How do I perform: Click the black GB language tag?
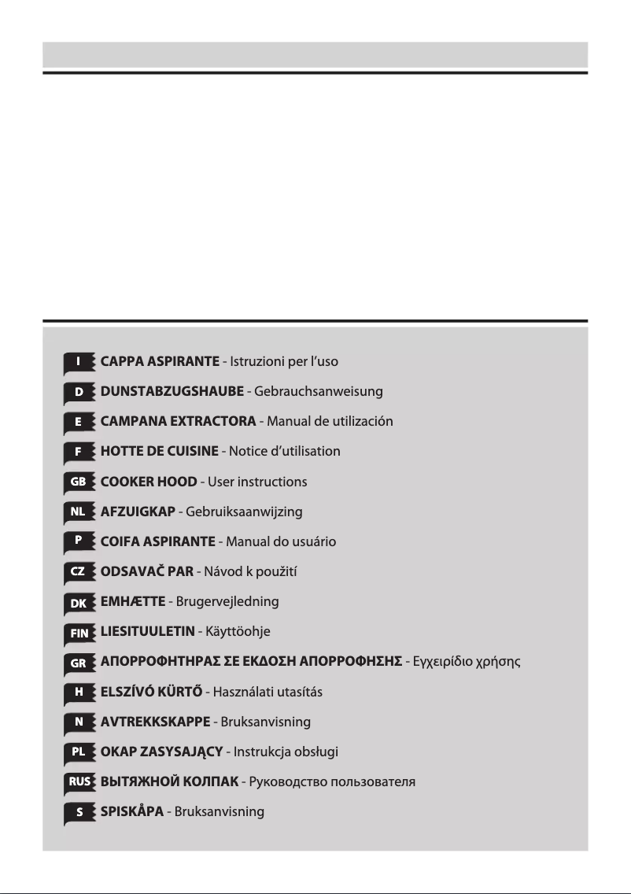pyautogui.click(x=79, y=482)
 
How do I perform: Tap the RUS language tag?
pyautogui.click(x=79, y=782)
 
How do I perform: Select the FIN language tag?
pyautogui.click(x=79, y=632)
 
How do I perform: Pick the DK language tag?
pyautogui.click(x=79, y=602)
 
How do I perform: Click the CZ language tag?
pyautogui.click(x=79, y=572)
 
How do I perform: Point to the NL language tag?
pyautogui.click(x=79, y=512)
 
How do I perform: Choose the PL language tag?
pyautogui.click(x=79, y=752)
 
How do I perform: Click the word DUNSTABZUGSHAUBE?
pyautogui.click(x=172, y=391)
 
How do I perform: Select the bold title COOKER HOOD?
pyautogui.click(x=149, y=482)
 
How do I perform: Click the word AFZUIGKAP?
pyautogui.click(x=138, y=512)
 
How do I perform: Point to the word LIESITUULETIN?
pyautogui.click(x=147, y=632)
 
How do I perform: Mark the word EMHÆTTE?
pyautogui.click(x=133, y=602)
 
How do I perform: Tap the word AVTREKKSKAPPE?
pyautogui.click(x=155, y=722)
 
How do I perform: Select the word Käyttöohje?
pyautogui.click(x=238, y=632)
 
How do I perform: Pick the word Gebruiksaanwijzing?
pyautogui.click(x=244, y=512)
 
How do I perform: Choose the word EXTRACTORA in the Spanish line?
pyautogui.click(x=212, y=422)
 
